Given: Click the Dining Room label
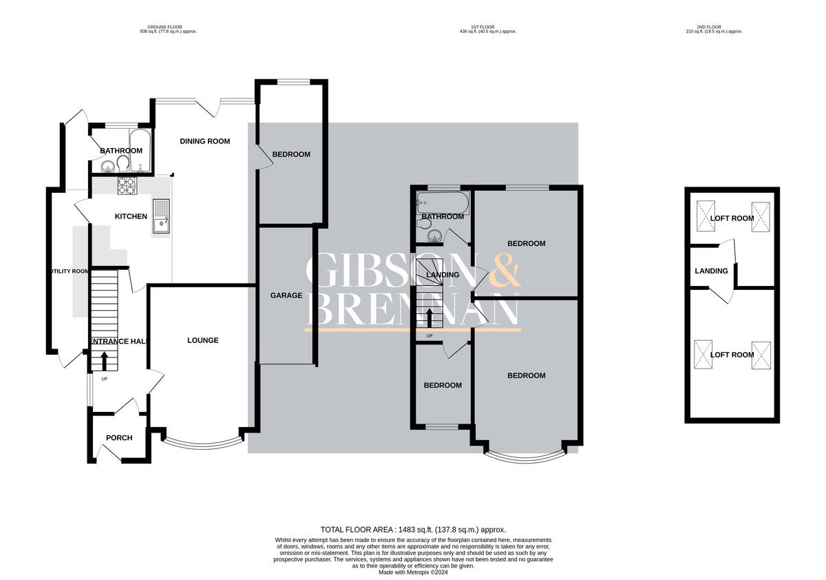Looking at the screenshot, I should [x=205, y=141].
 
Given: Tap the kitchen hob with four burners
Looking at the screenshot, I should [x=127, y=185].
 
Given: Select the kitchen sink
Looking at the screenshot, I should [x=160, y=216].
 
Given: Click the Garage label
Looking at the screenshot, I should [x=286, y=296].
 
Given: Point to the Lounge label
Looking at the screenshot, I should [x=203, y=340].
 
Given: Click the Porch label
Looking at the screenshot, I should [x=119, y=438].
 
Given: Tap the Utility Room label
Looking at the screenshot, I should [x=69, y=271].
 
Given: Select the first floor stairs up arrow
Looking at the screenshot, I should [x=430, y=318].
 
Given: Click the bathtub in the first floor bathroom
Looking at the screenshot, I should [x=442, y=202].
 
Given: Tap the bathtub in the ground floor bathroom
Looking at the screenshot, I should [x=136, y=148].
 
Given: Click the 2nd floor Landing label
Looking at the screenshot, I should [x=711, y=271].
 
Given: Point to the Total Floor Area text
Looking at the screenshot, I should [x=412, y=530].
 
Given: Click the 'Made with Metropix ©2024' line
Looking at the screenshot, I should [x=413, y=572].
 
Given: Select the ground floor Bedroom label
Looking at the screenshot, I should [x=291, y=154].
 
